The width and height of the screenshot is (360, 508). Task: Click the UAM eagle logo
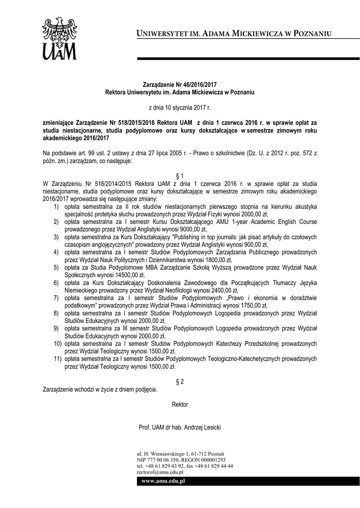click(59, 37)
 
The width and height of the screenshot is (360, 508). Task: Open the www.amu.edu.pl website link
click(163, 481)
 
